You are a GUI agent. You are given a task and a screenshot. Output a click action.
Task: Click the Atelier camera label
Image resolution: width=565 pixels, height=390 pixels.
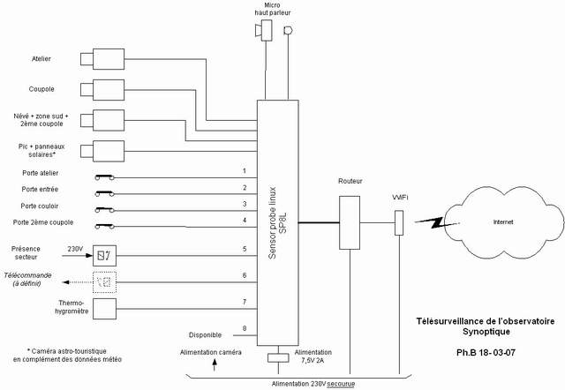point(41,59)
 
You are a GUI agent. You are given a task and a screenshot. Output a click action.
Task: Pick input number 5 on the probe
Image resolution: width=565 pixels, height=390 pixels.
point(244,249)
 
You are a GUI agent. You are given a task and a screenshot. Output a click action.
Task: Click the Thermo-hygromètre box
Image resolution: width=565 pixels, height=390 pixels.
point(104,309)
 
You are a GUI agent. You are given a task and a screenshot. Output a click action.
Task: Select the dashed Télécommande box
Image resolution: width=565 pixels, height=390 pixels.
point(104,281)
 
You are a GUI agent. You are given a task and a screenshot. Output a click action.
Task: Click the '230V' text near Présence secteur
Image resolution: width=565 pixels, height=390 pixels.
point(76,250)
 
